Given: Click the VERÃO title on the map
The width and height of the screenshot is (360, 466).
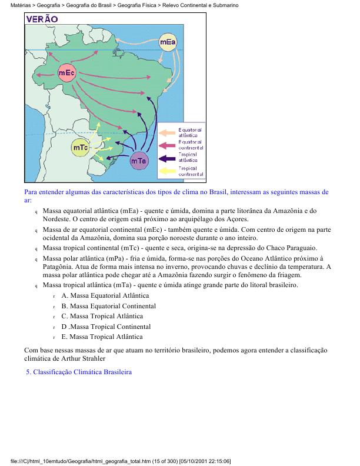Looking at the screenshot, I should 42,19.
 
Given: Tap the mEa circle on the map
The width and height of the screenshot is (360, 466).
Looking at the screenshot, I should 168,42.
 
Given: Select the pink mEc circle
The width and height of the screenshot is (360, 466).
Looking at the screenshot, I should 66,73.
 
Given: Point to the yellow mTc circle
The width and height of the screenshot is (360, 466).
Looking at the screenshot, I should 80,148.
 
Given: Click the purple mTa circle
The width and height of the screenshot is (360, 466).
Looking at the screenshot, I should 139,160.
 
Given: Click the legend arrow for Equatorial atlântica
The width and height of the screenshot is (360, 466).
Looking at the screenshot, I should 168,132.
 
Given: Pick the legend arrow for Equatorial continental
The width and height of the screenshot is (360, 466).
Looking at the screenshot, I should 168,145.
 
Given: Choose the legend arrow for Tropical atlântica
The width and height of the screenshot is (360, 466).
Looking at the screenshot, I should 168,158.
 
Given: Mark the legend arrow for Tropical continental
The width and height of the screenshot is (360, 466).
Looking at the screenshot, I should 168,171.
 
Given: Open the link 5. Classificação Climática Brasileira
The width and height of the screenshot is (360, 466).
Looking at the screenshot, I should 79,372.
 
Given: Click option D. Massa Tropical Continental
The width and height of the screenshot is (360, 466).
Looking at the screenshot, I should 109,327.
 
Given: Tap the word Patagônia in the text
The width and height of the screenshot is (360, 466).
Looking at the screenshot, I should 58,267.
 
